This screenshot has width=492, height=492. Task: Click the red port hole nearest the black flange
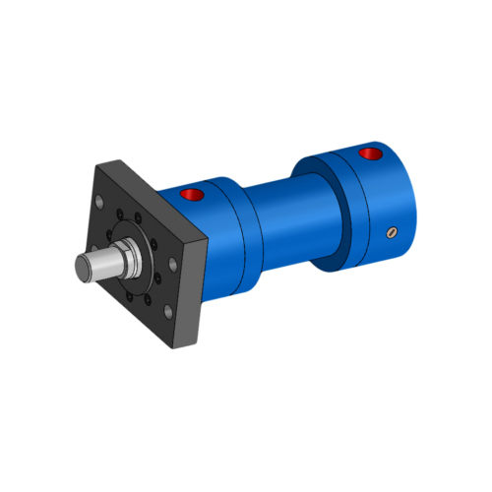click(x=194, y=194)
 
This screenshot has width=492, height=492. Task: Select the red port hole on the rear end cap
click(x=370, y=154)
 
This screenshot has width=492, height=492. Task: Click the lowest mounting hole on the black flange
click(x=168, y=312)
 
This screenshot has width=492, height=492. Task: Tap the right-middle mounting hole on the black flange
click(x=173, y=263)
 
